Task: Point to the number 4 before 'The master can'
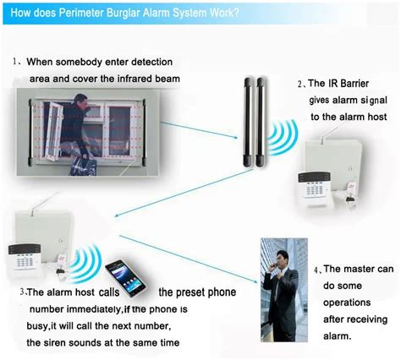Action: pos(317,270)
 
